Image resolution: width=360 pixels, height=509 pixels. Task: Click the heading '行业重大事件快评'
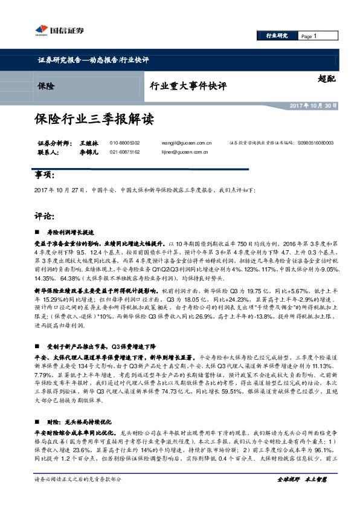pyautogui.click(x=188, y=86)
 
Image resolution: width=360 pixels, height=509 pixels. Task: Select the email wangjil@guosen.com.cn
pyautogui.click(x=185, y=143)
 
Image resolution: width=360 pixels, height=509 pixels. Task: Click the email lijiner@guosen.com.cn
pyautogui.click(x=184, y=153)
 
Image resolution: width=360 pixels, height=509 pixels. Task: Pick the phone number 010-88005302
pyautogui.click(x=124, y=143)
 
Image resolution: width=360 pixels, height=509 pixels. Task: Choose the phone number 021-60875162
pyautogui.click(x=124, y=153)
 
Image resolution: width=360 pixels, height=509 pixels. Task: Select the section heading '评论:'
pyautogui.click(x=42, y=215)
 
